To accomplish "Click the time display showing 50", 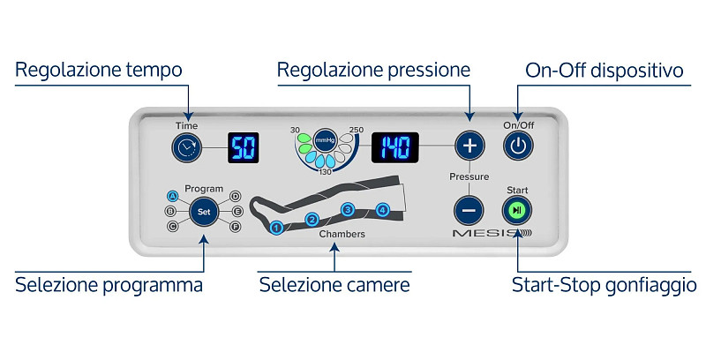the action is tap(244, 147).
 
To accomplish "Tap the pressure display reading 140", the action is tap(394, 147).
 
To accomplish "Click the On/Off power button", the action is tap(518, 146).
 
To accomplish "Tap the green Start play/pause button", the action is tap(517, 210).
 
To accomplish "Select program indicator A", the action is tap(172, 196).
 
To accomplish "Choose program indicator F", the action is tap(235, 227).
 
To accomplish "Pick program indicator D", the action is tap(235, 196).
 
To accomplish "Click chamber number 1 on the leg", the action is tap(276, 229).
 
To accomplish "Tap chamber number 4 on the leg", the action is tap(382, 210).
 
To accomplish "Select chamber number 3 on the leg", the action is tap(348, 210).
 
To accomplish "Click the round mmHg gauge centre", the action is tap(325, 140).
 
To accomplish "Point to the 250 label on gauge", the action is tap(357, 130).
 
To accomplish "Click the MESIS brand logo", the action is tap(492, 233).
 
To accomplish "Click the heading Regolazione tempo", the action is tap(99, 71).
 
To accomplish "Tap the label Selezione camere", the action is tap(334, 285).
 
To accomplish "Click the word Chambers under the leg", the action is tap(342, 234).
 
